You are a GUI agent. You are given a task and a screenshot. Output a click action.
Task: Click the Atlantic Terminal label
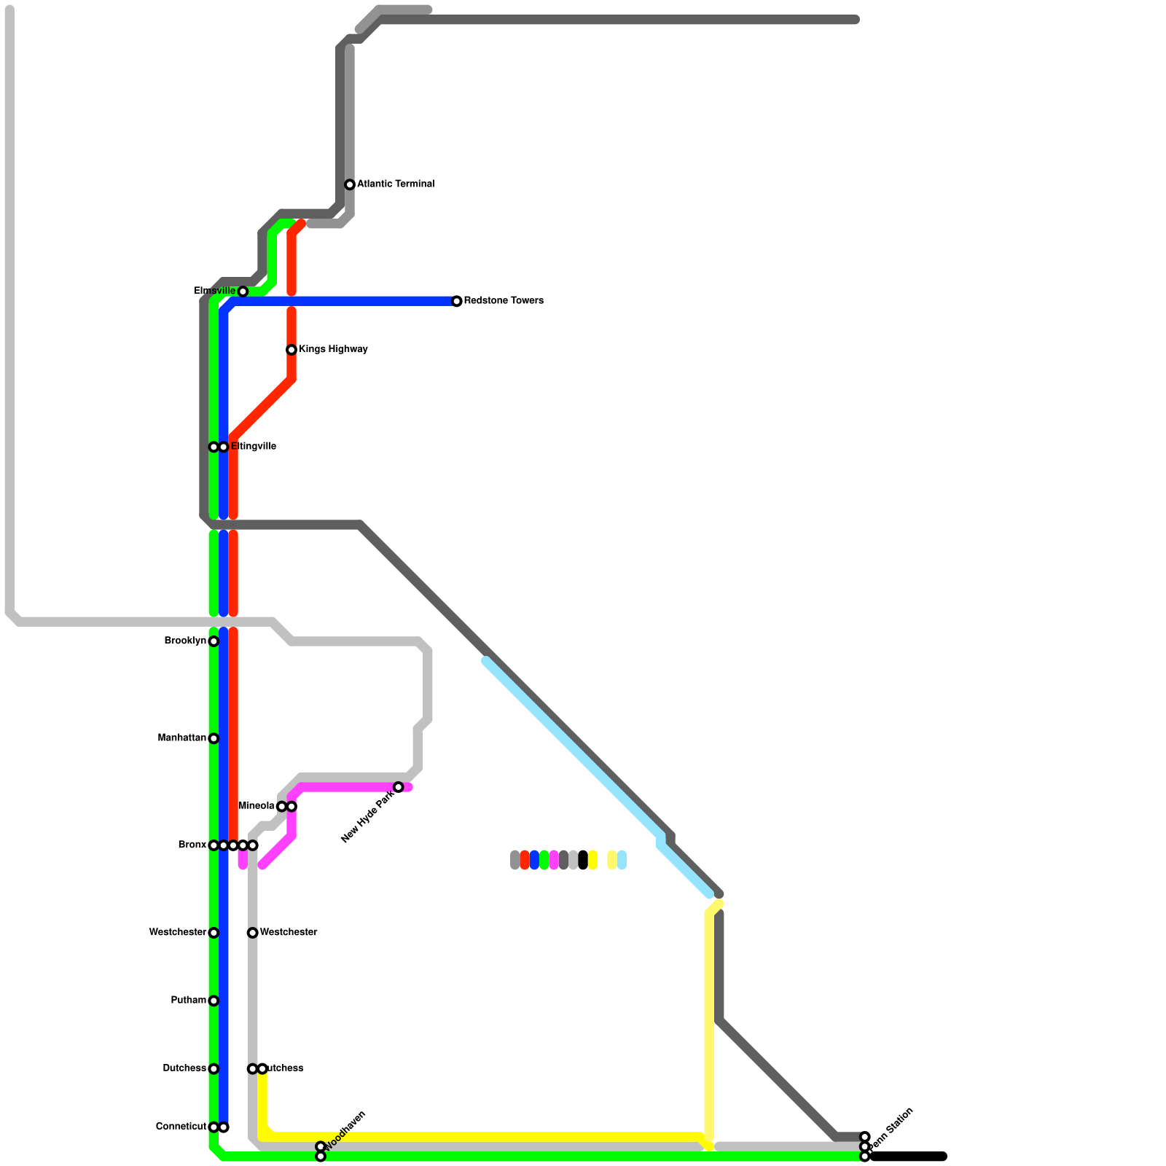pyautogui.click(x=396, y=184)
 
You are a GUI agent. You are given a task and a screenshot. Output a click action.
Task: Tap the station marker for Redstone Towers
pyautogui.click(x=457, y=302)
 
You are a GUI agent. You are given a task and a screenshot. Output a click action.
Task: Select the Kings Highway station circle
pyautogui.click(x=291, y=350)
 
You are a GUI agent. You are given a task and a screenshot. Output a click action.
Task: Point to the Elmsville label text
pyautogui.click(x=214, y=291)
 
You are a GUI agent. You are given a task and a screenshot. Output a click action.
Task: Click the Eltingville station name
pyautogui.click(x=254, y=447)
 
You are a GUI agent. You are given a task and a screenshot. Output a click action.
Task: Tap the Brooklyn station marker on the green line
pyautogui.click(x=214, y=641)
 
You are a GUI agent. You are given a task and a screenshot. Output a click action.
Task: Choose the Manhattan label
pyautogui.click(x=181, y=738)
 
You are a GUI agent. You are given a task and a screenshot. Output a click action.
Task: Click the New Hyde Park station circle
pyautogui.click(x=399, y=787)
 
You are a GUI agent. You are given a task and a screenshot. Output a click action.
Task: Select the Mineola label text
pyautogui.click(x=256, y=806)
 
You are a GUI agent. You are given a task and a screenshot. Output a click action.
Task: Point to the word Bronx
pyautogui.click(x=192, y=845)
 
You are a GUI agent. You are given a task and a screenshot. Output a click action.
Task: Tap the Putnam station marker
pyautogui.click(x=214, y=1001)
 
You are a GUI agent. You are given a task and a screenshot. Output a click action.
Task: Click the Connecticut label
pyautogui.click(x=181, y=1127)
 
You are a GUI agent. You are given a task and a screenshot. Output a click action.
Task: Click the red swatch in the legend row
pyautogui.click(x=525, y=860)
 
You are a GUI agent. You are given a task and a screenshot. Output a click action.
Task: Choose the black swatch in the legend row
pyautogui.click(x=583, y=860)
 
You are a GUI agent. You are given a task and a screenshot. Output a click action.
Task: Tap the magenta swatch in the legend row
pyautogui.click(x=554, y=860)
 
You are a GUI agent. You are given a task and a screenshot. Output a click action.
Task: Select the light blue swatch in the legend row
pyautogui.click(x=622, y=860)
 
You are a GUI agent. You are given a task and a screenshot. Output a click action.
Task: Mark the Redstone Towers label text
pyautogui.click(x=504, y=301)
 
